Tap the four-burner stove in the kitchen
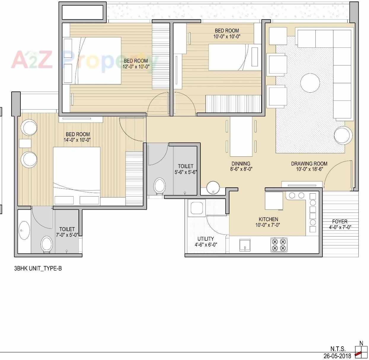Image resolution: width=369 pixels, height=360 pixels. click(x=279, y=245)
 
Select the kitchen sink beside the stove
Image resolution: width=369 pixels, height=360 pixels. click(x=245, y=245)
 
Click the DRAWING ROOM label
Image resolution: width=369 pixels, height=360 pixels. click(x=309, y=163)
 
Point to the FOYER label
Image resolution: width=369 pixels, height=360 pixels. click(x=340, y=221)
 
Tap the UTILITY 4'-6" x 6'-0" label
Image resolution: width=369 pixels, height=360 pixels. click(x=206, y=242)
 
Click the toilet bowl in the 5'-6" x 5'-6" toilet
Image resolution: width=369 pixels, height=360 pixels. click(x=159, y=186)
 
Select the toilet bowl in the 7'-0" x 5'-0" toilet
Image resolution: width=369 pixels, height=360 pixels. click(x=47, y=244)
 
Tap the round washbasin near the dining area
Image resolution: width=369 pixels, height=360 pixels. click(x=213, y=188)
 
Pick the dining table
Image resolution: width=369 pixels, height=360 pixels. click(x=241, y=136)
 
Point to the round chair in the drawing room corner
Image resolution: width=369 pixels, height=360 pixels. click(x=343, y=136)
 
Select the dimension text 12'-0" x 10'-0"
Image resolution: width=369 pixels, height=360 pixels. click(x=136, y=67)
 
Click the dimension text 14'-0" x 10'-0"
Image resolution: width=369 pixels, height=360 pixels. click(x=77, y=140)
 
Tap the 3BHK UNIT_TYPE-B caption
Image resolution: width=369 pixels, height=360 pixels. click(x=38, y=269)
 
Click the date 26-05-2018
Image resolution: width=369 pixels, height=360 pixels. click(x=337, y=356)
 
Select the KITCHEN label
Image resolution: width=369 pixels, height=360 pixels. click(x=268, y=219)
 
